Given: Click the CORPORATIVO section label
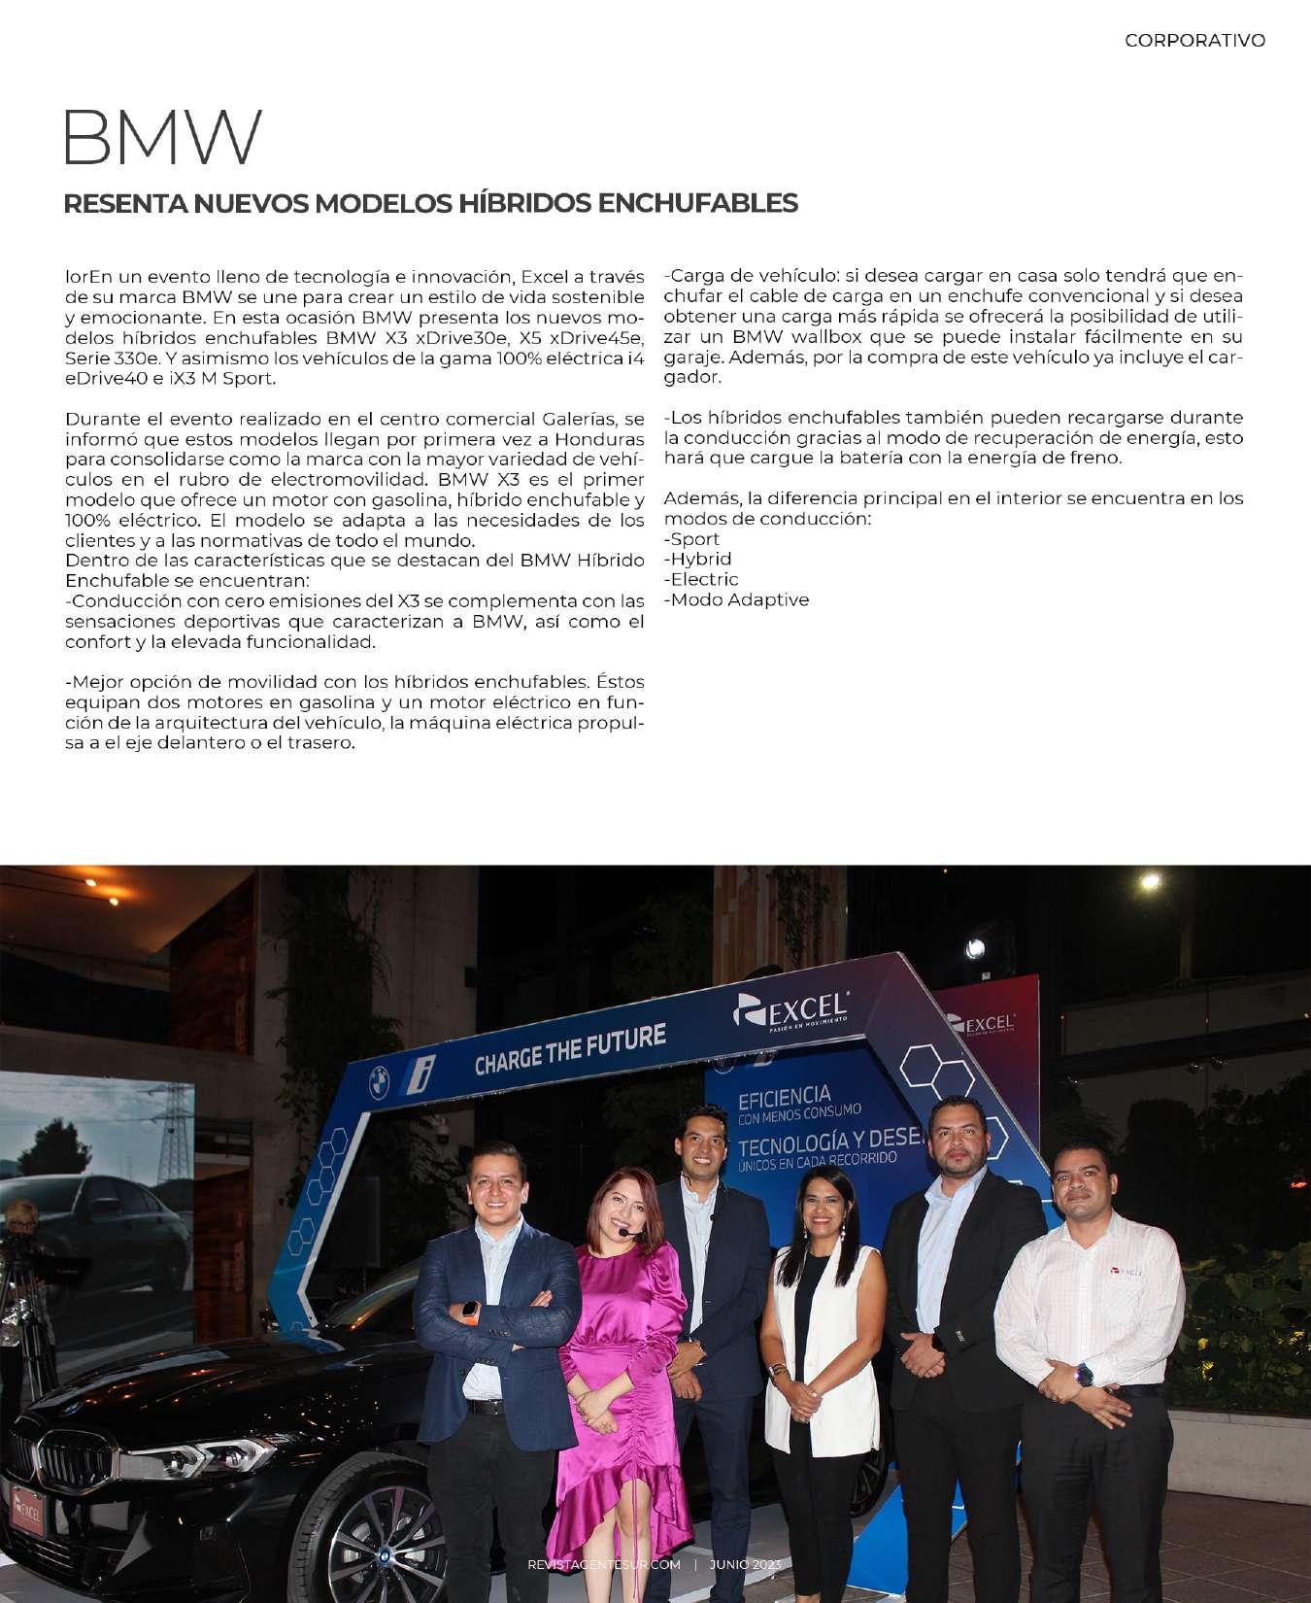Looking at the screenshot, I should point(1194,41).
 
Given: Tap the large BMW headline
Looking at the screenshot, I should point(162,138).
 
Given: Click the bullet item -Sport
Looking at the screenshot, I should point(691,539).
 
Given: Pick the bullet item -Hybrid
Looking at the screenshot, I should point(697,560).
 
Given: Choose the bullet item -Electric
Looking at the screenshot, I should point(701,580).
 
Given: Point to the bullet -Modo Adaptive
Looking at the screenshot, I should point(736,600).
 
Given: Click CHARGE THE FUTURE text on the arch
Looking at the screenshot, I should point(570,1049).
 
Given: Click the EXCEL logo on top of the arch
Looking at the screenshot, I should point(791,1010).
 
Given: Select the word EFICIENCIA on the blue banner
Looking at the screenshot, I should point(784,1099).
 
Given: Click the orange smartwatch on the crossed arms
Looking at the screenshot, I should point(471,1311).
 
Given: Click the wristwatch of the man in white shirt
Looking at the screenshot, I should point(1084,1375).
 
